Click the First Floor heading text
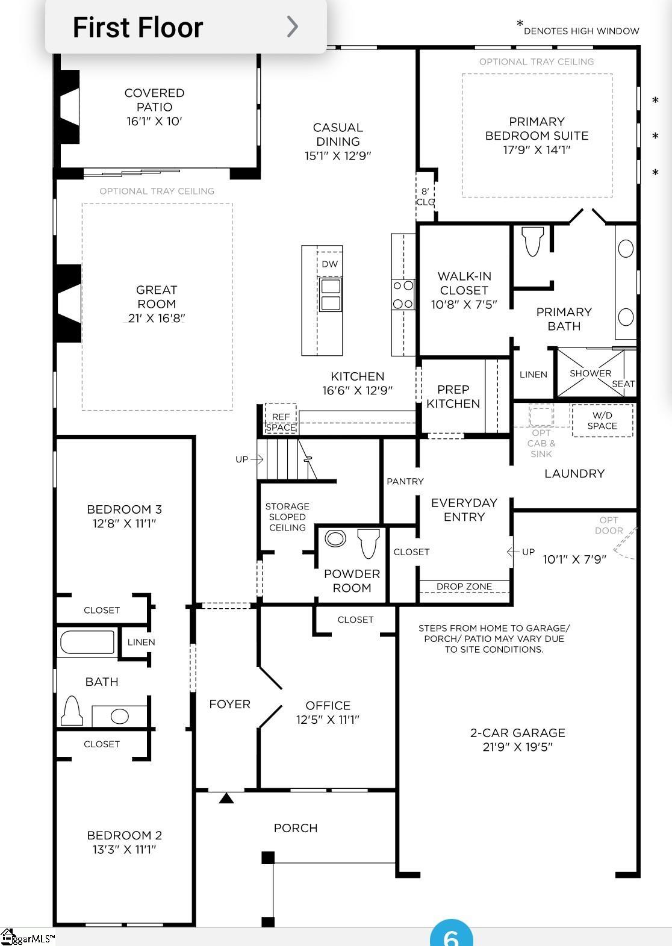click(x=138, y=28)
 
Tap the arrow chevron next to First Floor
click(x=292, y=26)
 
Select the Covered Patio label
click(x=154, y=100)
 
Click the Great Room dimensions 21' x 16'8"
click(x=157, y=318)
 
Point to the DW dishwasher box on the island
click(x=329, y=264)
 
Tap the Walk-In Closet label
click(x=464, y=283)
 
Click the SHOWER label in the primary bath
click(x=590, y=373)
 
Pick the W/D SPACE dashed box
click(x=602, y=420)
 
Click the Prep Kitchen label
click(x=453, y=396)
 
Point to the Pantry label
click(x=405, y=481)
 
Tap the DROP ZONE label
click(x=464, y=587)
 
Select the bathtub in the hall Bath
click(x=87, y=643)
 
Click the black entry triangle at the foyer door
click(x=226, y=798)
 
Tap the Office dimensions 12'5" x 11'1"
click(x=328, y=720)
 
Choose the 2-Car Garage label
click(x=517, y=733)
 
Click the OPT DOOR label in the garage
click(x=608, y=525)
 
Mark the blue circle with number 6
click(x=451, y=935)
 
